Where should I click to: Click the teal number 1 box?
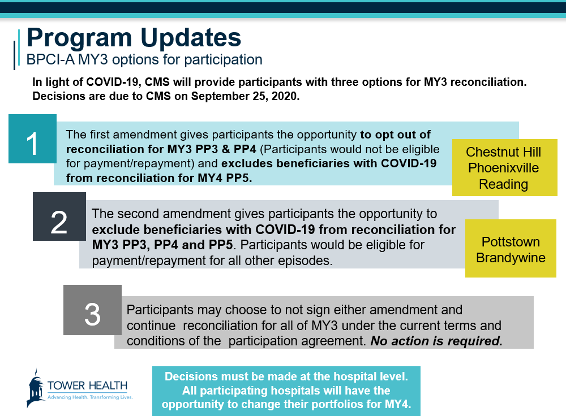(x=32, y=139)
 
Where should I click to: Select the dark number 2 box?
(x=59, y=216)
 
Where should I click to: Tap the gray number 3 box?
(x=92, y=310)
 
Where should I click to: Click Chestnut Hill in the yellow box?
(x=504, y=152)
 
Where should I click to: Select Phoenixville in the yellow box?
(x=504, y=168)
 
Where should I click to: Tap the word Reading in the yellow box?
(x=504, y=184)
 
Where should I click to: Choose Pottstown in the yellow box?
(x=511, y=241)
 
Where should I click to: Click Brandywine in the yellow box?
(x=511, y=258)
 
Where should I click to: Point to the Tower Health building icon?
(x=36, y=388)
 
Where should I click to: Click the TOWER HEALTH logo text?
(x=87, y=385)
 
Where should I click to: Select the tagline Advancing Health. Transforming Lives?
(x=90, y=397)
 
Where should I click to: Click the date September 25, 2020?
(x=245, y=96)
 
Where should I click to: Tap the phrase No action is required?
(x=436, y=341)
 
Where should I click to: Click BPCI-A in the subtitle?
(x=50, y=60)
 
